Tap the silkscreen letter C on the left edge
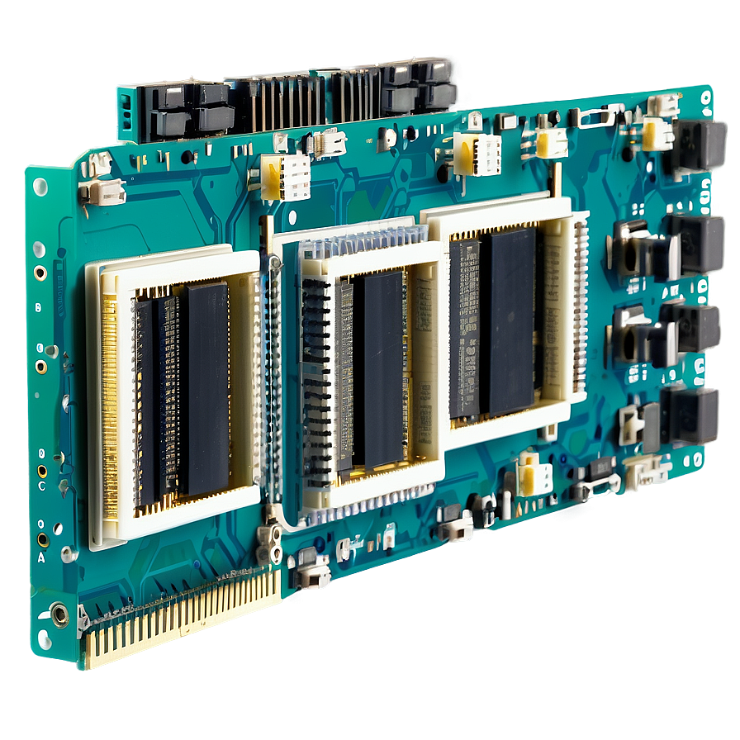click(x=41, y=486)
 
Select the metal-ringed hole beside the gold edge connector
click(x=59, y=614)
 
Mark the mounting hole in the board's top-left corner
click(x=40, y=187)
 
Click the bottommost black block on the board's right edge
click(x=692, y=414)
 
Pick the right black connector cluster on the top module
click(x=417, y=86)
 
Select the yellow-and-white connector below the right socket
click(x=533, y=476)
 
